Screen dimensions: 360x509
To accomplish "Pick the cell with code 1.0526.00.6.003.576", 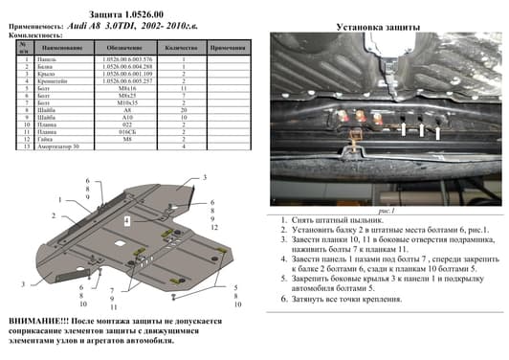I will [x=124, y=59].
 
